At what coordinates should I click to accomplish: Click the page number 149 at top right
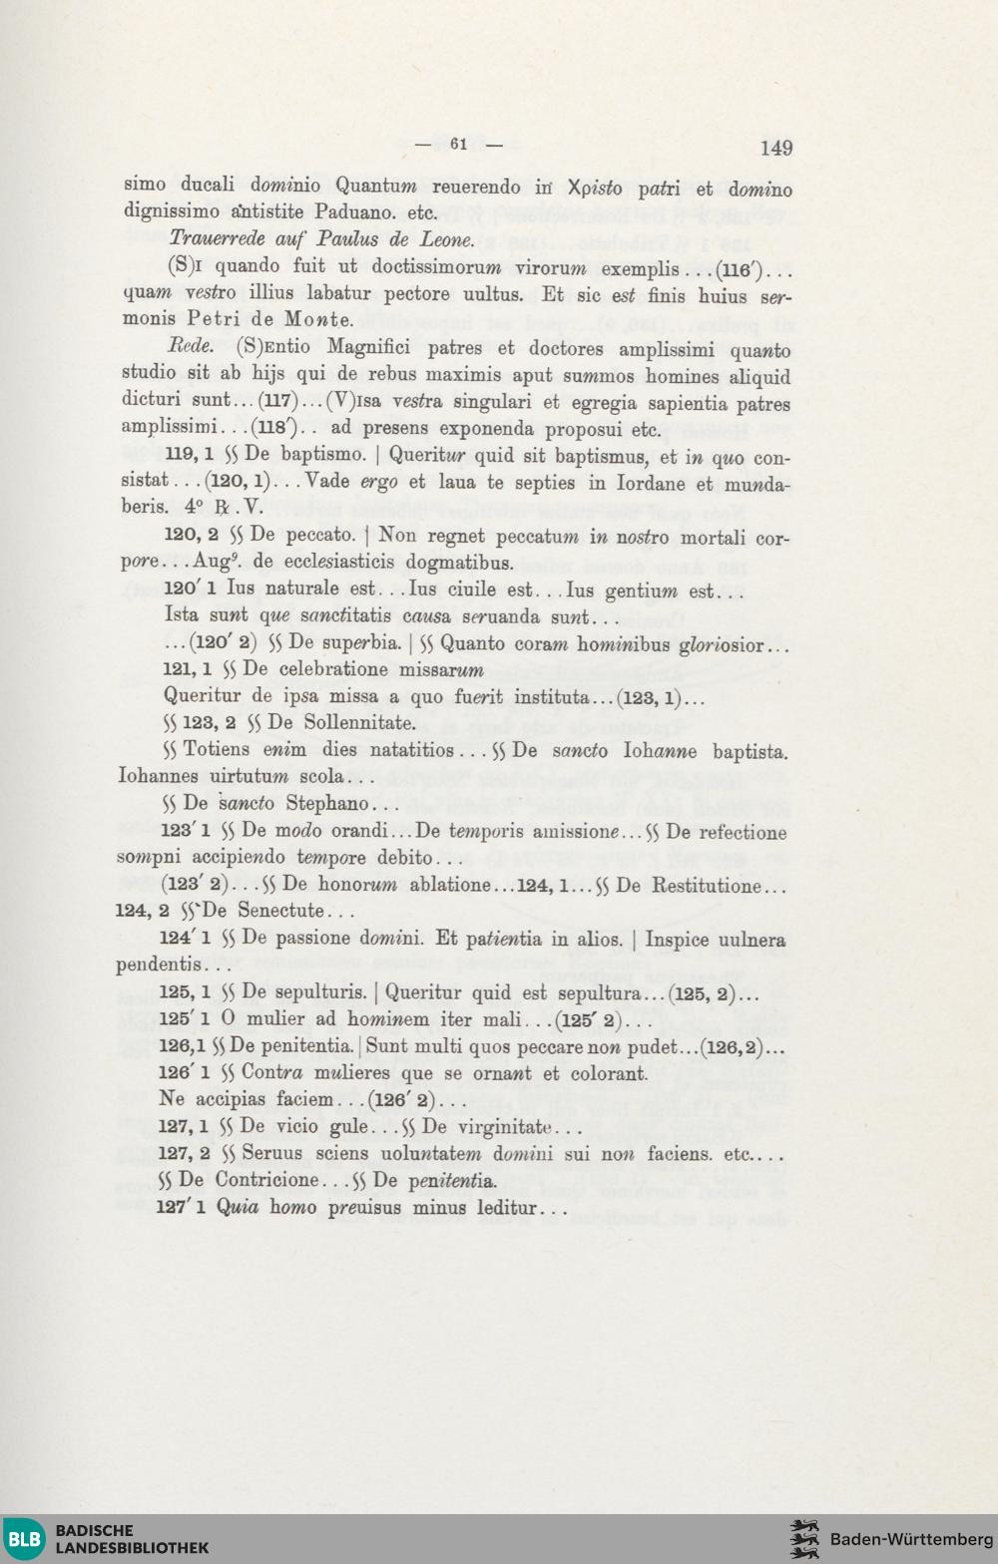[x=775, y=148]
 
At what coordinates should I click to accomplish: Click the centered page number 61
[x=458, y=144]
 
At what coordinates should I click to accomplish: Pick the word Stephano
[x=327, y=804]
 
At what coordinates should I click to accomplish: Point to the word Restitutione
[x=706, y=885]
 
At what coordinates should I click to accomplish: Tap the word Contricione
[x=267, y=1180]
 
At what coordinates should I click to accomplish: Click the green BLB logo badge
[x=24, y=1538]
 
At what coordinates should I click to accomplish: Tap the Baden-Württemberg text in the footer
[x=911, y=1539]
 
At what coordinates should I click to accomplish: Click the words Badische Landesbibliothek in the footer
[x=132, y=1539]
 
